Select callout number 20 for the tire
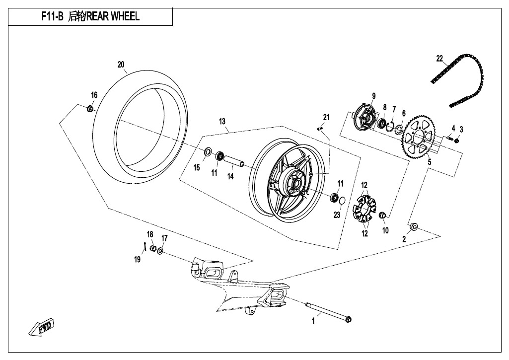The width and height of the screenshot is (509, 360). pos(121,65)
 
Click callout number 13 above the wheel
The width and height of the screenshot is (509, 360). pos(222,121)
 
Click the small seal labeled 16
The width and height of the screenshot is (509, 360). pos(90,108)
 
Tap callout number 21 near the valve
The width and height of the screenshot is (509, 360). pos(326,117)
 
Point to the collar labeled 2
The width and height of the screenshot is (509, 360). pos(413,228)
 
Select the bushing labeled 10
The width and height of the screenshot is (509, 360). pos(383,216)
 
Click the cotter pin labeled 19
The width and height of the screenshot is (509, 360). pos(144,247)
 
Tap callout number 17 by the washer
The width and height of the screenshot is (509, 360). pos(164,238)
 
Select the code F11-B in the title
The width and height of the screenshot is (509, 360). pos(53,17)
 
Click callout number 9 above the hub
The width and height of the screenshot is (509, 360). pos(374,96)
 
